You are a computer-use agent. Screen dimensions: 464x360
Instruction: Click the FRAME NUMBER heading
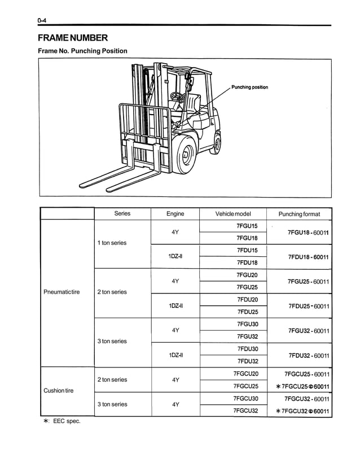(72, 38)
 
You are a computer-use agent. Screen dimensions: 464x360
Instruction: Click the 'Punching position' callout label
(249, 87)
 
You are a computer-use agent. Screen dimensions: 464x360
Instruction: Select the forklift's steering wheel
(178, 96)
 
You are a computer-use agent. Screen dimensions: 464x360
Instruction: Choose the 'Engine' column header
(175, 214)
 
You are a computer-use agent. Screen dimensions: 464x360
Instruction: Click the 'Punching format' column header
(299, 214)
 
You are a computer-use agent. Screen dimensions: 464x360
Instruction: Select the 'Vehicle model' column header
(233, 214)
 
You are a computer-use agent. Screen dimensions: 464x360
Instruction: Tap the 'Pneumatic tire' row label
(62, 292)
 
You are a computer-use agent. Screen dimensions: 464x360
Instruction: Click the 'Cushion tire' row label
(59, 391)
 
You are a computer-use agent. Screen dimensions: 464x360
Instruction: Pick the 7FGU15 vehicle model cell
(247, 226)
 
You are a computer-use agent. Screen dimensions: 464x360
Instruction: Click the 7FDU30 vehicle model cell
(247, 349)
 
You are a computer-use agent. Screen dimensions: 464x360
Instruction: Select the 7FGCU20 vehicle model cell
(245, 374)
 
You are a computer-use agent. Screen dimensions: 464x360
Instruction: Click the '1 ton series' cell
(112, 243)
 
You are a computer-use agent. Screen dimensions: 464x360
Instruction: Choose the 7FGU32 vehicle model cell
(247, 336)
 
